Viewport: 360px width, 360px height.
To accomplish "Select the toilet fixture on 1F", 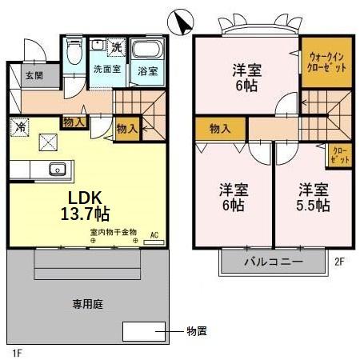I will pos(74,54).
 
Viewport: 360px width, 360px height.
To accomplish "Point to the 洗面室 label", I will pos(106,70).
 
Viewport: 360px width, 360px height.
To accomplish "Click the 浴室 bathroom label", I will pos(147,70).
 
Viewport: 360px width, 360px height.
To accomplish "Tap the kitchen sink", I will pos(57,169).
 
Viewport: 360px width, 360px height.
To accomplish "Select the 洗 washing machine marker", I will pos(117,47).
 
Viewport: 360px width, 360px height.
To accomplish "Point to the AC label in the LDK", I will pos(155,234).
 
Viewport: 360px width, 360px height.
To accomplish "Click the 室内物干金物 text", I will pos(112,233).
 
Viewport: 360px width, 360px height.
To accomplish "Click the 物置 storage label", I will pos(197,330).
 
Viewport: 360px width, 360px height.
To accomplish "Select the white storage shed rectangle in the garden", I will pos(142,330).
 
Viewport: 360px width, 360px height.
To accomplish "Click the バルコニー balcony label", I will pos(274,262).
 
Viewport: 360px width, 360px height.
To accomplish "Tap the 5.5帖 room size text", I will pos(314,205).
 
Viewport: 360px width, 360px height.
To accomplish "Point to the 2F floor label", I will pos(339,260).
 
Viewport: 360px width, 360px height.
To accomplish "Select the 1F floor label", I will pos(17,351).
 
